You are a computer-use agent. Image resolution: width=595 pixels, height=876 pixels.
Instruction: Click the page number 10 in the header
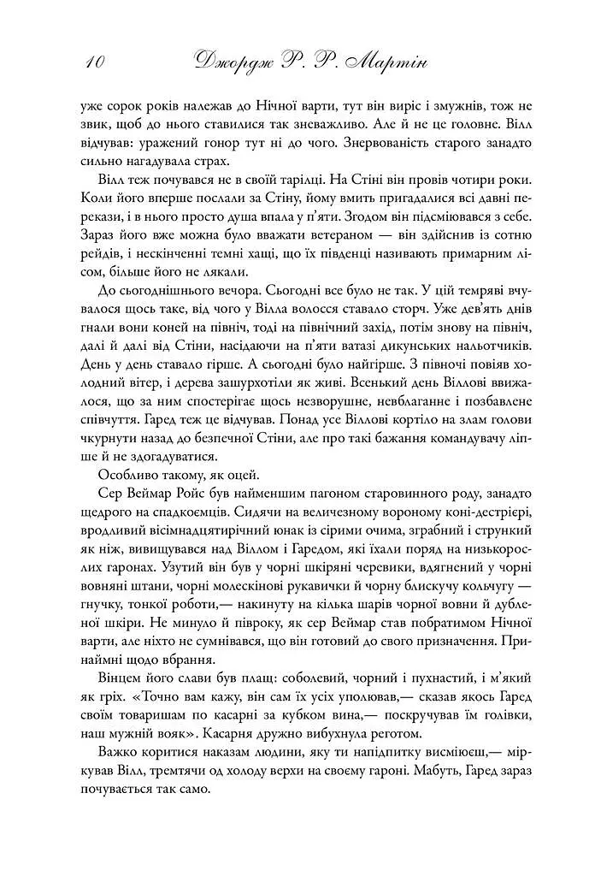pyautogui.click(x=94, y=62)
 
